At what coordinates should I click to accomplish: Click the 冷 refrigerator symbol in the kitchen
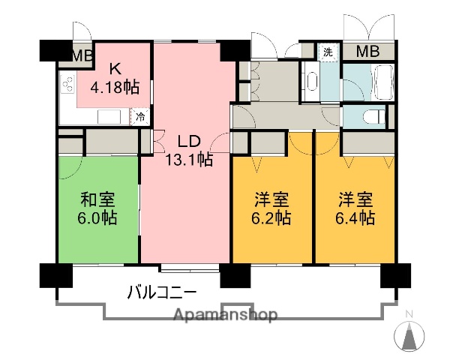click(139, 116)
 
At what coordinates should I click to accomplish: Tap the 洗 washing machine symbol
click(328, 52)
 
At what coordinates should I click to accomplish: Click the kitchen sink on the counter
click(109, 117)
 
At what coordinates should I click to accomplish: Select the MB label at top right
click(367, 52)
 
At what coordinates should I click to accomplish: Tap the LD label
click(189, 140)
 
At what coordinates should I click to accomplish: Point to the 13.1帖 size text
click(189, 159)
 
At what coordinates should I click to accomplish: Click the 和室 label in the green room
click(97, 199)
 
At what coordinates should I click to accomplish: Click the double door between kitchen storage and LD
click(157, 140)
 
